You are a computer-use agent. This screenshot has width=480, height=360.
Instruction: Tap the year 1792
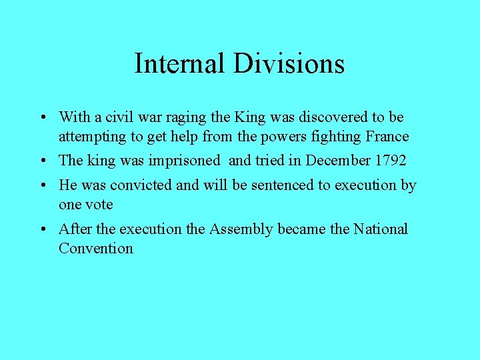click(389, 161)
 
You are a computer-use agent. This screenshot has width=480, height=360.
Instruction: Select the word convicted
click(143, 185)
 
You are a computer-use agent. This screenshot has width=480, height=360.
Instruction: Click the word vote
click(100, 205)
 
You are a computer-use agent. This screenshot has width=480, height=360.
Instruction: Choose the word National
click(381, 229)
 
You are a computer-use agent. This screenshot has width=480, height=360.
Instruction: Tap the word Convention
click(96, 249)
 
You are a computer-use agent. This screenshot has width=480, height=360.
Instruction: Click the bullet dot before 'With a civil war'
click(42, 118)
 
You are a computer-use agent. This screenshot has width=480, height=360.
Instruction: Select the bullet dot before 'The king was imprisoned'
click(42, 161)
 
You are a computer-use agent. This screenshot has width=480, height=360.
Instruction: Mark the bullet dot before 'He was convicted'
click(42, 186)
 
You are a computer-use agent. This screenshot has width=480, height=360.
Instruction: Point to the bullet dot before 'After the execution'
click(42, 230)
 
